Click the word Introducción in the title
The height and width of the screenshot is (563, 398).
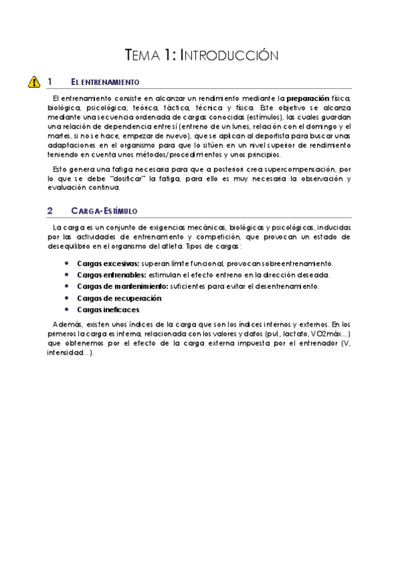tap(229, 55)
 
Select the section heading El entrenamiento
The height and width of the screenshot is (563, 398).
tap(105, 82)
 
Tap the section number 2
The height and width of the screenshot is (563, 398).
tap(50, 211)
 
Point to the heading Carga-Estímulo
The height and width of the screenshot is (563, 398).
tap(104, 211)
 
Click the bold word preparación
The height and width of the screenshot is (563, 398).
tap(308, 98)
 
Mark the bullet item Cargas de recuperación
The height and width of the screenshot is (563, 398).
tap(120, 298)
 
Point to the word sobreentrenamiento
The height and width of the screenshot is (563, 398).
tap(293, 264)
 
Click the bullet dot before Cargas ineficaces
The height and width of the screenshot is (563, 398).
tap(66, 309)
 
